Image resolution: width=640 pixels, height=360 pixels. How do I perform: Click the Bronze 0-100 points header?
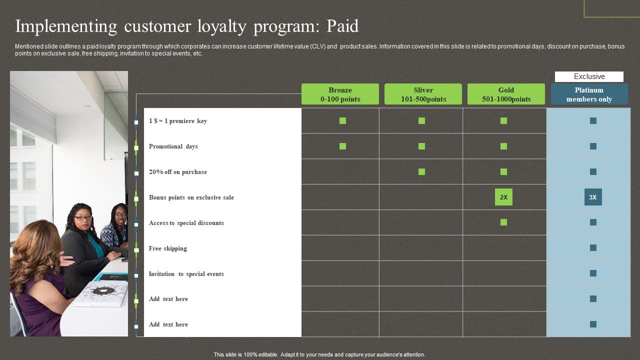click(x=340, y=94)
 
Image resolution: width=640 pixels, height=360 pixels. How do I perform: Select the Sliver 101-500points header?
click(x=423, y=94)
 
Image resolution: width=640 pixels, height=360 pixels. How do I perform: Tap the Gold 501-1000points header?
click(x=506, y=94)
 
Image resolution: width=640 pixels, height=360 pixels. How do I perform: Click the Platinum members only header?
click(x=589, y=94)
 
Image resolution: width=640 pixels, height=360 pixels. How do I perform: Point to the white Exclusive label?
click(x=589, y=76)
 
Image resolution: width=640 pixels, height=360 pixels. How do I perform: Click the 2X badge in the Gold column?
click(x=503, y=197)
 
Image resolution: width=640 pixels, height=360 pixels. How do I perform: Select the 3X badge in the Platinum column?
click(x=593, y=197)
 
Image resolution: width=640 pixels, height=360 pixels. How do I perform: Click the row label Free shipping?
click(x=168, y=248)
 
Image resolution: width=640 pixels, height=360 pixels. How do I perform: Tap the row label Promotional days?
click(x=173, y=146)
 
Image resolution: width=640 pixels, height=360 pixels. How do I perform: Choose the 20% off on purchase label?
click(x=178, y=172)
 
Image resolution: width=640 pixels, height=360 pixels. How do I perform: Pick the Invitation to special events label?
click(x=186, y=274)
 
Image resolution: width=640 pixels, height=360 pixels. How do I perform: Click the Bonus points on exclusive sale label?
click(x=191, y=197)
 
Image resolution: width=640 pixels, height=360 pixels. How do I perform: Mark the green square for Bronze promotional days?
click(x=342, y=146)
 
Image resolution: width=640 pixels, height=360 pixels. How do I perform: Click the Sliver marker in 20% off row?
click(x=421, y=171)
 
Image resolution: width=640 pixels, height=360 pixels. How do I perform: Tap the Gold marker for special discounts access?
click(x=503, y=222)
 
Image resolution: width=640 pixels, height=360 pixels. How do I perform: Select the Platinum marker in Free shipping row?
click(x=593, y=247)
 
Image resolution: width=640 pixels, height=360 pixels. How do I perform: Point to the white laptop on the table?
click(x=101, y=293)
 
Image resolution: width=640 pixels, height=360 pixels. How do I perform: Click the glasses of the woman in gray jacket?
click(x=83, y=218)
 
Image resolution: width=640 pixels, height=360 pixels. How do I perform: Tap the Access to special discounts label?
click(x=186, y=223)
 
